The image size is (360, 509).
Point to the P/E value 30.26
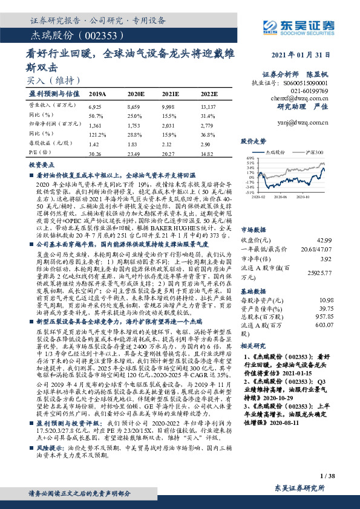point(96,154)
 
